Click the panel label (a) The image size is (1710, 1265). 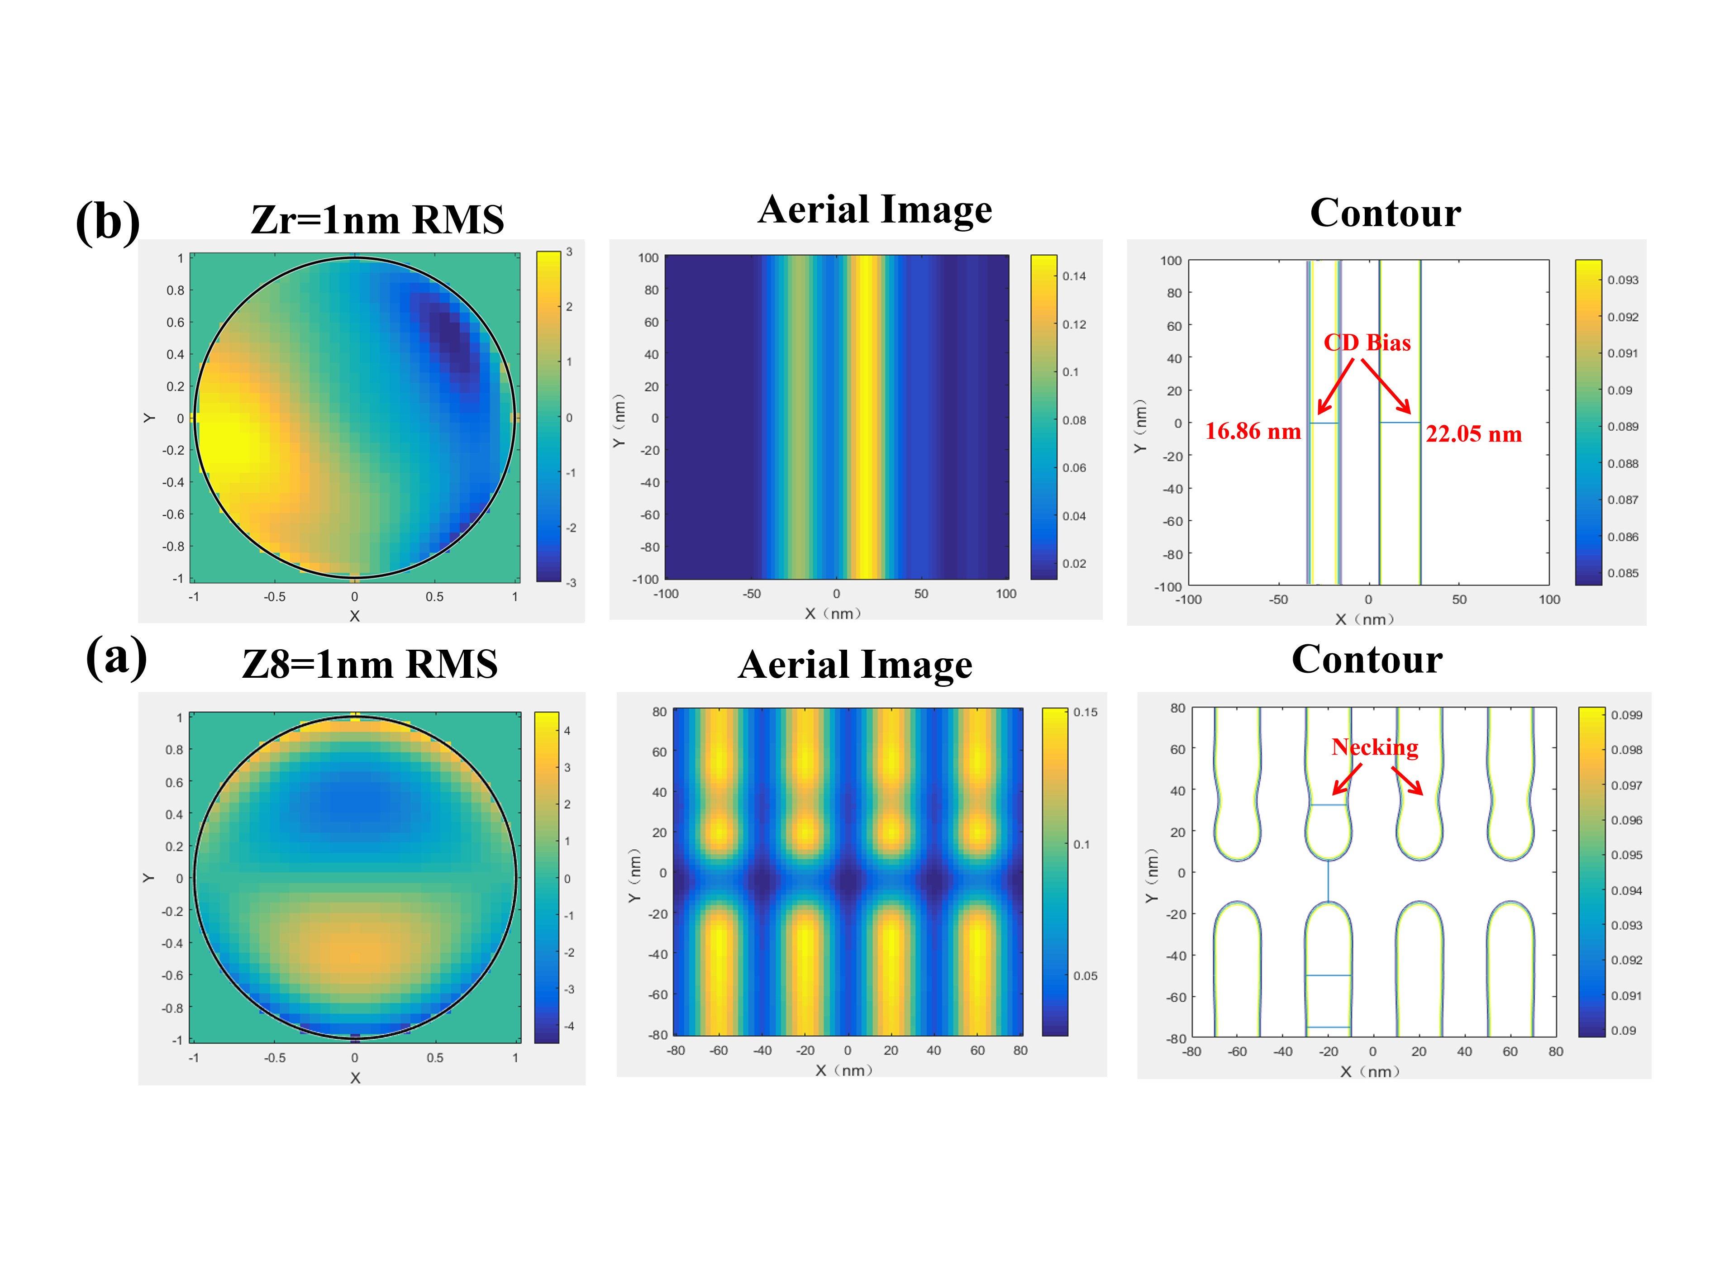click(116, 657)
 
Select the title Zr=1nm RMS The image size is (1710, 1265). click(377, 220)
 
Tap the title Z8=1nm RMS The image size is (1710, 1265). click(370, 664)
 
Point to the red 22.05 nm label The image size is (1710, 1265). click(1473, 435)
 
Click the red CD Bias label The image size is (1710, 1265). click(1367, 342)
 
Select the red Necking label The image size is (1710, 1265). click(1375, 747)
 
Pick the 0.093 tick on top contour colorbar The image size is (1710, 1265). click(1623, 280)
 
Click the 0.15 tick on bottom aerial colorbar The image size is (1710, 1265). click(1085, 712)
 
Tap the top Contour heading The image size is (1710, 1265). click(1385, 213)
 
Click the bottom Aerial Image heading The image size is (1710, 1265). click(855, 665)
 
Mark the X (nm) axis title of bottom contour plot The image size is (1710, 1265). click(1370, 1071)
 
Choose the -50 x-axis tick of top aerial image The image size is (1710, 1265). click(751, 594)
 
